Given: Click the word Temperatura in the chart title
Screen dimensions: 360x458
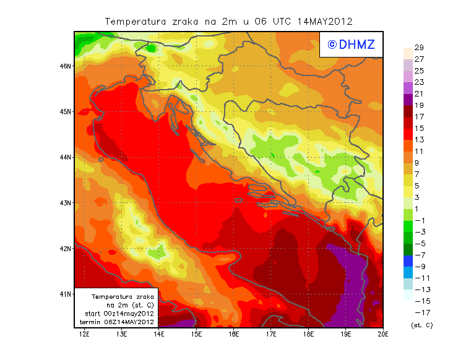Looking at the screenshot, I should [135, 22].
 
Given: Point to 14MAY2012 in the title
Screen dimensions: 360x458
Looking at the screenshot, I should [325, 22].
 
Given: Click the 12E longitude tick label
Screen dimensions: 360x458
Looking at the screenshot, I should [84, 335].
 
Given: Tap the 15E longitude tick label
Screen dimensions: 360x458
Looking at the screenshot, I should [196, 335].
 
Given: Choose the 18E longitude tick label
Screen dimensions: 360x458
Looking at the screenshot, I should [308, 335].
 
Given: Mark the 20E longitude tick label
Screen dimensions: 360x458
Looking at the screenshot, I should [383, 335].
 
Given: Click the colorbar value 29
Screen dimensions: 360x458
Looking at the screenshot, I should [418, 48].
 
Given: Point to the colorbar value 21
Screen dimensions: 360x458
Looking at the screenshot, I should [418, 93].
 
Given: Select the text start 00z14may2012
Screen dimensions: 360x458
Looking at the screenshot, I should [119, 314].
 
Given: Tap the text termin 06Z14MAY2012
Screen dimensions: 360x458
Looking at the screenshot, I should [119, 322].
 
